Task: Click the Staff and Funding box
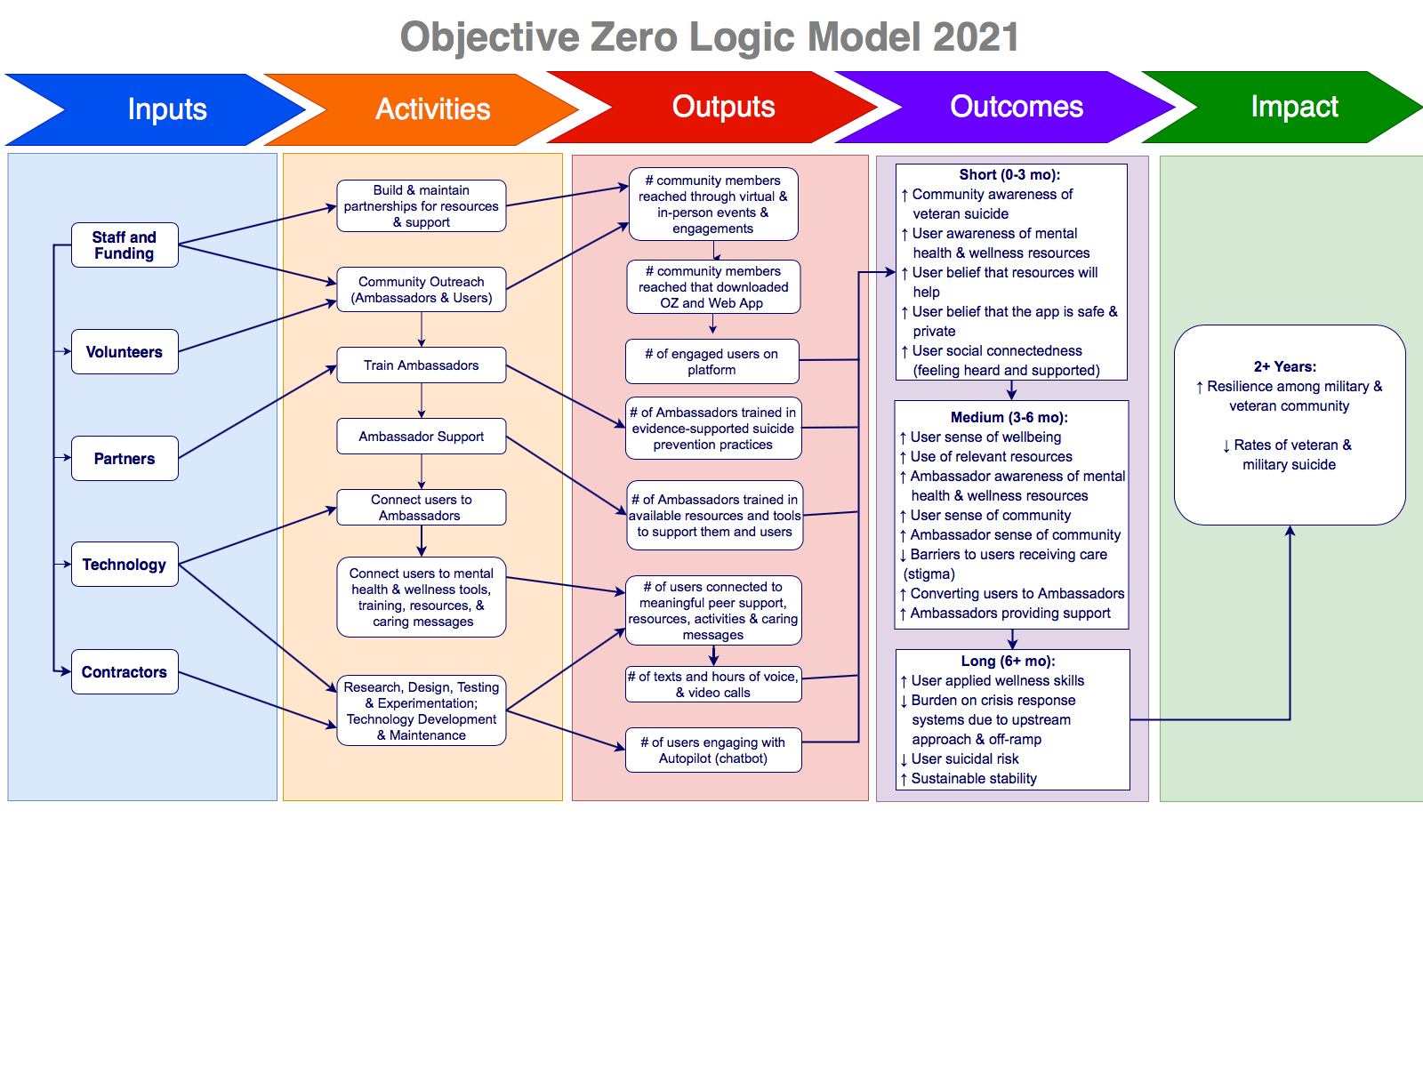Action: [125, 245]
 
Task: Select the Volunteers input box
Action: [125, 352]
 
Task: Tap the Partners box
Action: [125, 459]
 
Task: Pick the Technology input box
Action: [125, 565]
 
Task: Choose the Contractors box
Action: [125, 672]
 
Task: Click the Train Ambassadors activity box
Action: [421, 365]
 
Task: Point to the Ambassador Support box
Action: [421, 437]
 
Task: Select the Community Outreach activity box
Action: [421, 290]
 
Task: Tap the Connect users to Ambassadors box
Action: [421, 508]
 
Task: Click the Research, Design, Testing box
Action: [421, 710]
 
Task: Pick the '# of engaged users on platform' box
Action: [711, 361]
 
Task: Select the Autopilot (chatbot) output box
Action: [713, 750]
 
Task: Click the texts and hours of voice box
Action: [713, 685]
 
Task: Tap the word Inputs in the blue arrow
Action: [167, 109]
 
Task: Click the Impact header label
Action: [1294, 107]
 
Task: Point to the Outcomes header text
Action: [1017, 107]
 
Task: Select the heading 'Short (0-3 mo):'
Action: [1009, 175]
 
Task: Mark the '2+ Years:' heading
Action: [1285, 366]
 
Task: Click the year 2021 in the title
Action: [976, 37]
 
